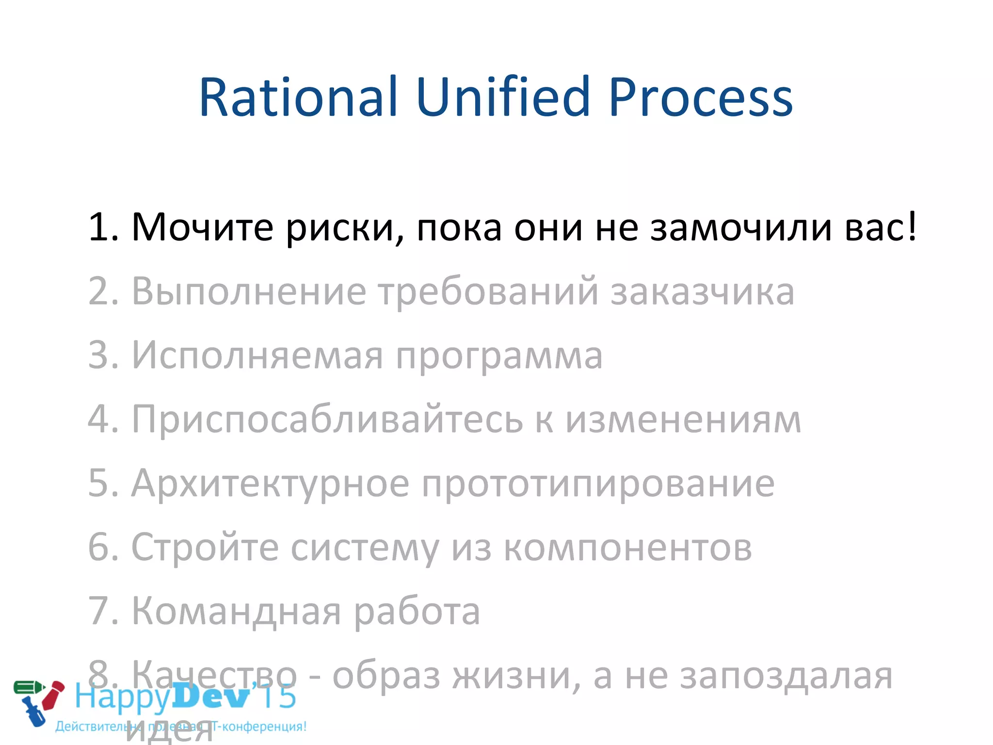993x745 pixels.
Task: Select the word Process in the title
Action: coord(700,98)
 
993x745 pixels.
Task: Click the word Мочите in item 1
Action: coord(202,227)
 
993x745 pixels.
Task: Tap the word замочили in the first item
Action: coord(741,227)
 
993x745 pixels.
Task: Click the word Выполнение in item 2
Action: coord(249,292)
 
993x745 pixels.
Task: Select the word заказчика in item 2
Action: coord(702,292)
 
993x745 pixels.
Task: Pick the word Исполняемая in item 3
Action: coord(257,356)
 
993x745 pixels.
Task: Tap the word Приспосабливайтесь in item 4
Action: coord(327,420)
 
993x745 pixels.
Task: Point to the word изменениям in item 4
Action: coord(683,420)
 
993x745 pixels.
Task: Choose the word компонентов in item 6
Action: coord(628,548)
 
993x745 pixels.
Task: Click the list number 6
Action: coord(100,547)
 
